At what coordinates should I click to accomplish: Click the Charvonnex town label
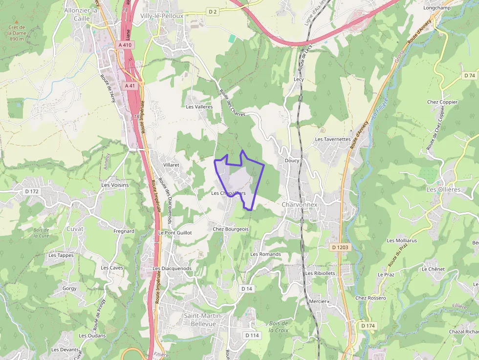(300, 205)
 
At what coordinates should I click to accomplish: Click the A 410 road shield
(126, 45)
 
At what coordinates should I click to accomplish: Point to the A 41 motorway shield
(130, 85)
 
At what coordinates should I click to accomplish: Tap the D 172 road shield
(31, 191)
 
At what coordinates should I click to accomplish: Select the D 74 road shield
(470, 75)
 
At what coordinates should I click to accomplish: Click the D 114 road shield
(252, 335)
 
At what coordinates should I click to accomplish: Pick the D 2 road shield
(212, 11)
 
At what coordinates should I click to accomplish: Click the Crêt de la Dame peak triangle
(16, 22)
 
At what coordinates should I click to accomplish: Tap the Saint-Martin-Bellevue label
(203, 320)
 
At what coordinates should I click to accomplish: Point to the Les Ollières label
(443, 189)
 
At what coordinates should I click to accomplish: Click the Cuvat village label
(75, 229)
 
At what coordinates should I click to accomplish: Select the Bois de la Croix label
(279, 327)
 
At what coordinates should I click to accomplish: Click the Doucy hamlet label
(292, 161)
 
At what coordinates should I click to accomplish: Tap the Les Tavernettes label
(333, 139)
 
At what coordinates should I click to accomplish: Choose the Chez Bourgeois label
(231, 229)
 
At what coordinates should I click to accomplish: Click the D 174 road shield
(368, 325)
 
